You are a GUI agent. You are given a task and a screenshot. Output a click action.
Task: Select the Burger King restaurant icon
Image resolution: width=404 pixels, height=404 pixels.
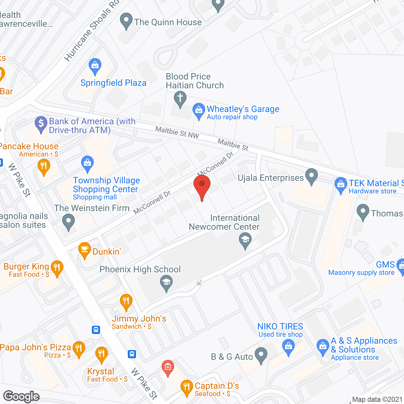(57, 268)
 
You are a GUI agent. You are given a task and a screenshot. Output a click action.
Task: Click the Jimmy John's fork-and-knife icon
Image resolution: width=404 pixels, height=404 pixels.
(126, 301)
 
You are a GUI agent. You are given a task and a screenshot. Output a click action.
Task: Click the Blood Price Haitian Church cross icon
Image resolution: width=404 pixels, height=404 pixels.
(180, 98)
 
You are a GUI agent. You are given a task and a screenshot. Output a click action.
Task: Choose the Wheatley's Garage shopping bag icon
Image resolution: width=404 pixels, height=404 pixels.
(199, 110)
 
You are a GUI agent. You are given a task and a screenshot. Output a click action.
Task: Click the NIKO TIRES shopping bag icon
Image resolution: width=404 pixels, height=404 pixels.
(288, 346)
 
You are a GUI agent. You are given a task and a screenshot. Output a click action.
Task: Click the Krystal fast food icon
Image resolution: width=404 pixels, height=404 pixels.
(101, 354)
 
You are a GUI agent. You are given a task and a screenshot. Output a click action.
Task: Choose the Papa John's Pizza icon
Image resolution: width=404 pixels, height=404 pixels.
(79, 348)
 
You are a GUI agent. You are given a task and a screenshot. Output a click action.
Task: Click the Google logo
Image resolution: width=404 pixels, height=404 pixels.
(21, 396)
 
